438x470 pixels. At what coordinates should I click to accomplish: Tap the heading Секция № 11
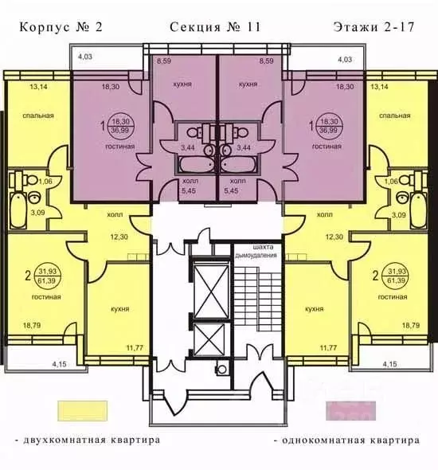coord(215,27)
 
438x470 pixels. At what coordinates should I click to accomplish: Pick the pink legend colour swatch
coord(348,407)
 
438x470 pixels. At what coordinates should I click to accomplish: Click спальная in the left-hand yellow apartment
coord(38,116)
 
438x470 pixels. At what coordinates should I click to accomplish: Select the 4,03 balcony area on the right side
coord(345,60)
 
